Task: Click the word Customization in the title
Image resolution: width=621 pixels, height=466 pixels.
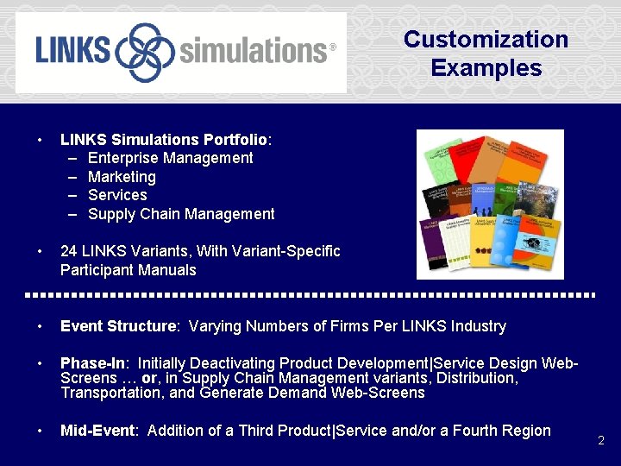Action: pyautogui.click(x=486, y=40)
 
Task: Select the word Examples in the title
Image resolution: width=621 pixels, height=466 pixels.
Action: pyautogui.click(x=486, y=68)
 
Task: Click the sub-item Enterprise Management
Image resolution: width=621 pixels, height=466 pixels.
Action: pyautogui.click(x=170, y=158)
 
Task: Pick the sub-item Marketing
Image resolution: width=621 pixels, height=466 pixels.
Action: pyautogui.click(x=122, y=177)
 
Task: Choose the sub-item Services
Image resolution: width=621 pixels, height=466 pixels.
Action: pyautogui.click(x=117, y=195)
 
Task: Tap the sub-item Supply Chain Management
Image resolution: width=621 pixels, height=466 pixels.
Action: pyautogui.click(x=181, y=214)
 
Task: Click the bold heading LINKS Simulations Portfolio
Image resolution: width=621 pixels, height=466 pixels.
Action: pyautogui.click(x=164, y=139)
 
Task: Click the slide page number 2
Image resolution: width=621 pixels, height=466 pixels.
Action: pyautogui.click(x=601, y=440)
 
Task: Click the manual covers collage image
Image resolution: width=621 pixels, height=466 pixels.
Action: pyautogui.click(x=490, y=205)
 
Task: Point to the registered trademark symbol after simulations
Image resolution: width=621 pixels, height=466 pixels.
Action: pyautogui.click(x=333, y=47)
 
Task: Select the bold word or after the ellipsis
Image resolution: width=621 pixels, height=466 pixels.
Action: pyautogui.click(x=149, y=378)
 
